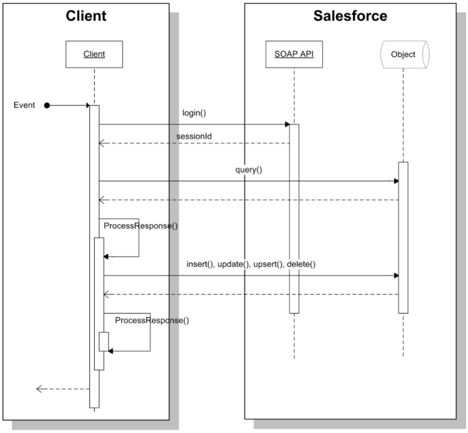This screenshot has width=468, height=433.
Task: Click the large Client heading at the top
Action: tap(86, 16)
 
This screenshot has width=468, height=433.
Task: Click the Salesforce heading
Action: tap(350, 16)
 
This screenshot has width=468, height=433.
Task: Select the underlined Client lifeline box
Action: tap(94, 54)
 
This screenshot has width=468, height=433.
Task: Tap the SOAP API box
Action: tap(294, 54)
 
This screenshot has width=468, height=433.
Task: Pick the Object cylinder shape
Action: tap(405, 55)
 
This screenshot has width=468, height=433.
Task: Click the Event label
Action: tap(24, 105)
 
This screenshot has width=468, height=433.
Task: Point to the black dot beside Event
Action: tap(47, 105)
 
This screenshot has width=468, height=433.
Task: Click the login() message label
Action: tap(194, 113)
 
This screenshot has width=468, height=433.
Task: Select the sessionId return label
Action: tap(194, 136)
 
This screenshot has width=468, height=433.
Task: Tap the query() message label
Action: tap(249, 170)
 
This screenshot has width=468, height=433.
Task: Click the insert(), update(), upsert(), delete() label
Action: tap(251, 264)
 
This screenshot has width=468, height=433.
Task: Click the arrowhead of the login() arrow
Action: tap(288, 124)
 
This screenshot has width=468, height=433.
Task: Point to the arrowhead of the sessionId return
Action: tap(102, 144)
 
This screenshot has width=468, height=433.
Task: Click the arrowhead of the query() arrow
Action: tap(396, 181)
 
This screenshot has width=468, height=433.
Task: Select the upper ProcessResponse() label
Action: tap(141, 226)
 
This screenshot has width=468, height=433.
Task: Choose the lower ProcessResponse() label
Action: tap(152, 321)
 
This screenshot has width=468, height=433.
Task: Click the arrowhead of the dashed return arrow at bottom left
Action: tap(39, 389)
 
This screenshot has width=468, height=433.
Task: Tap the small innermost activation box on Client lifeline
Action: tap(104, 342)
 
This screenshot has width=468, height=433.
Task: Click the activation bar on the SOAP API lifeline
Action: tap(294, 219)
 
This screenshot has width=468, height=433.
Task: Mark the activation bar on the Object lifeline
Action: tap(403, 238)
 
